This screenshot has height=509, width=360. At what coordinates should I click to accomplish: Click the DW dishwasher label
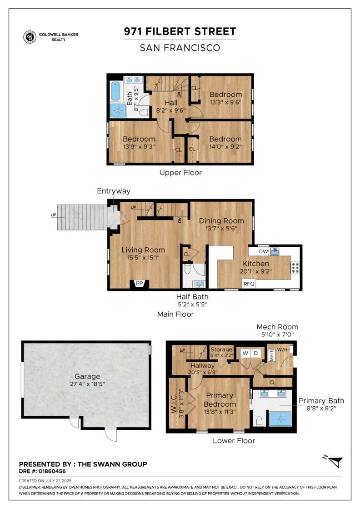263,251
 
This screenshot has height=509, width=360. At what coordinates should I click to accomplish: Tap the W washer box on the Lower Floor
245,353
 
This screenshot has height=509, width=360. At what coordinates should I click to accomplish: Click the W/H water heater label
282,349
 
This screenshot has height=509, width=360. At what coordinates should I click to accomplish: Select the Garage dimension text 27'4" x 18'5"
87,384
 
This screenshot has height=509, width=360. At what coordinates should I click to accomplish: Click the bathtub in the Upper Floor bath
115,91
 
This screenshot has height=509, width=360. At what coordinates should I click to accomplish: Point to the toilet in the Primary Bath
259,421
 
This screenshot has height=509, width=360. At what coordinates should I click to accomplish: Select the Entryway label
113,191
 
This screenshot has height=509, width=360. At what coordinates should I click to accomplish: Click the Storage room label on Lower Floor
221,349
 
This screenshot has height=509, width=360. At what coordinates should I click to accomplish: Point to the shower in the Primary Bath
281,418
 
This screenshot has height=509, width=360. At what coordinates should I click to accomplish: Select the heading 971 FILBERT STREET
180,31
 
